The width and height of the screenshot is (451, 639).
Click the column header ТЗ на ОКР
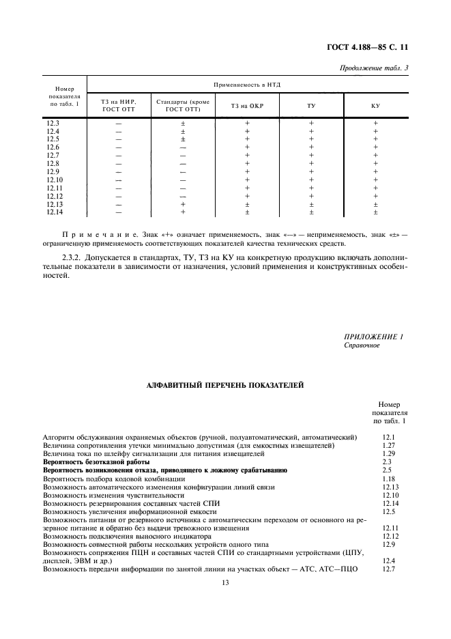pos(247,106)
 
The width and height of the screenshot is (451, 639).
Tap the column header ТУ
pos(311,106)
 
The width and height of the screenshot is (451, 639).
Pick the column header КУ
pos(375,106)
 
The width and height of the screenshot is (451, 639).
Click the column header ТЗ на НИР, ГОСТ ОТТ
pos(119,106)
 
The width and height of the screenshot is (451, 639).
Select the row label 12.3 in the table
pos(53,123)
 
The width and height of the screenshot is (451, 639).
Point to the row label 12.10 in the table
pos(55,180)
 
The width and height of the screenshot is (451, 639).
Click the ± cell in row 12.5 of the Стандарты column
pos(183,139)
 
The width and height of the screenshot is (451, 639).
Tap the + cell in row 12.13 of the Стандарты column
pos(183,204)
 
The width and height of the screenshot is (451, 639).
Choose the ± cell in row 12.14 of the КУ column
pos(375,212)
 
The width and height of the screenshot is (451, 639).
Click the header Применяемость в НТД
pos(247,85)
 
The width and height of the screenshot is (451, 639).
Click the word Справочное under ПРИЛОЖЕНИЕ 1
pos(362,345)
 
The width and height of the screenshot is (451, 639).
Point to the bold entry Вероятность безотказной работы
pos(96,461)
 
